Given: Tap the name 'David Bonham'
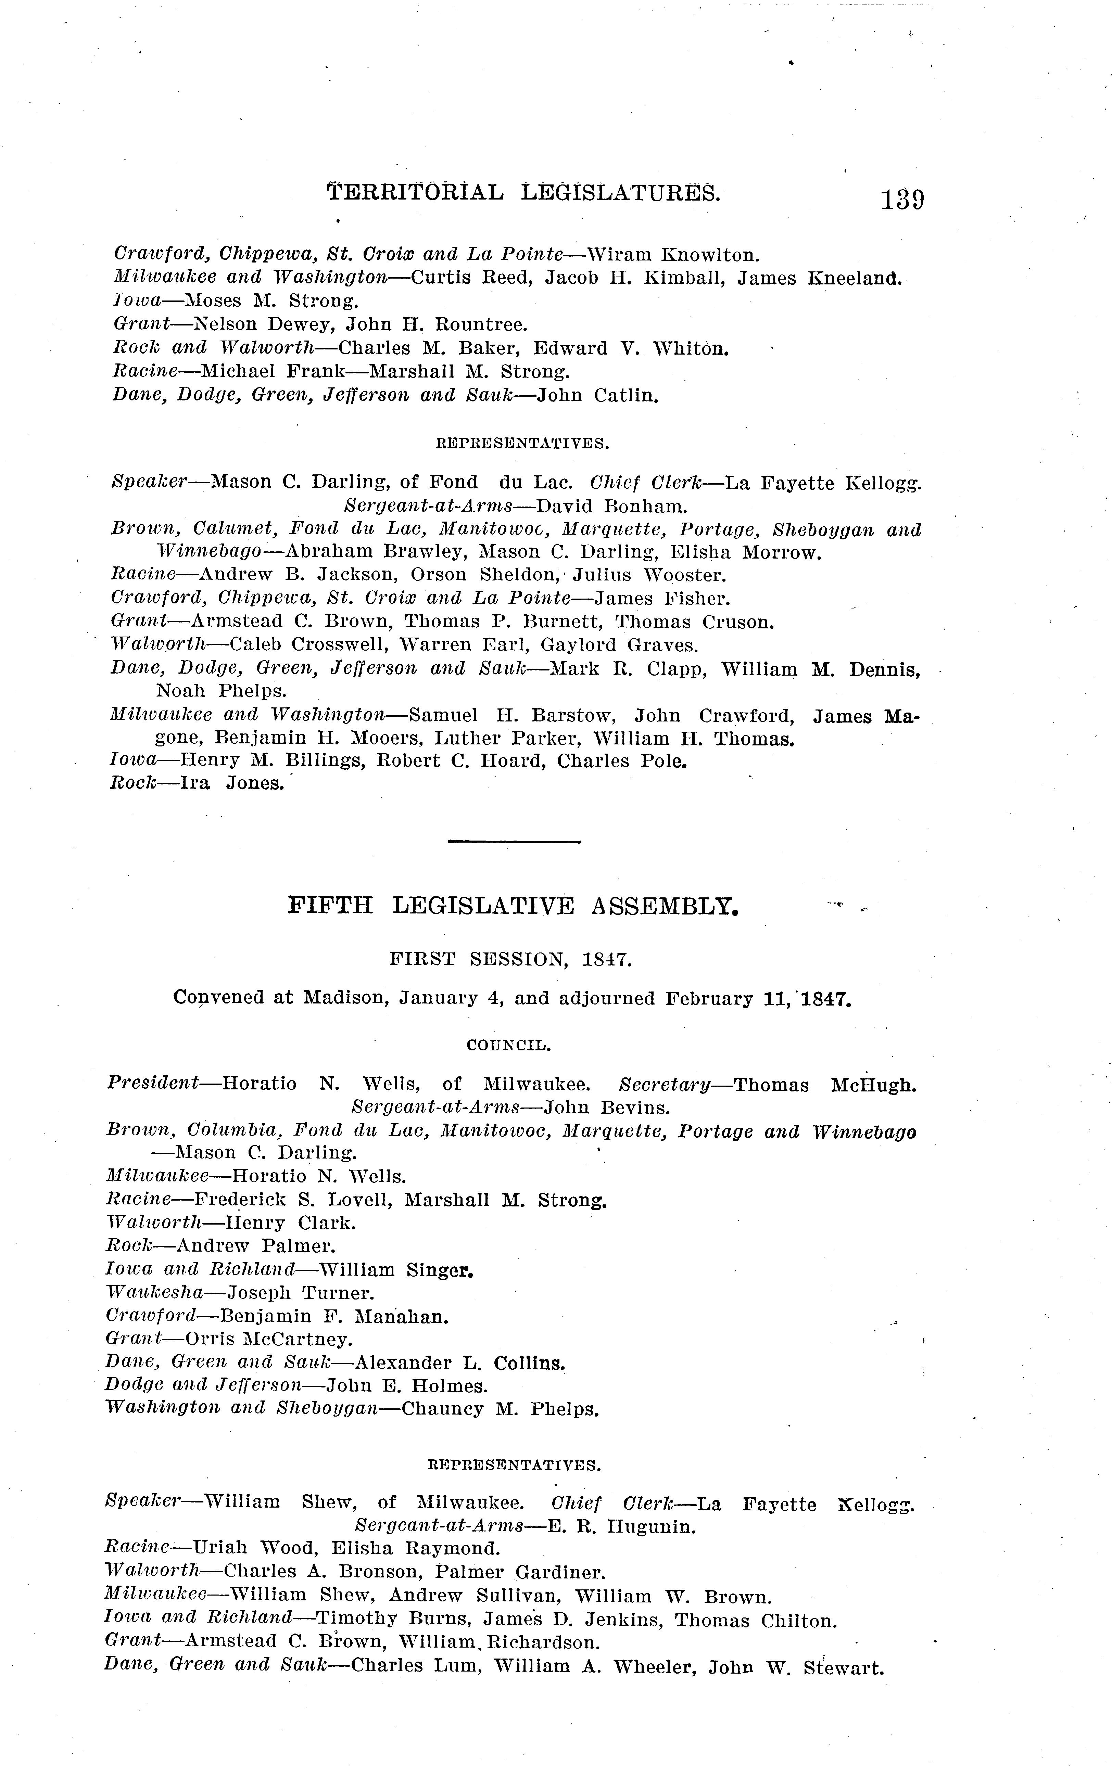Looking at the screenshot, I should (x=612, y=506).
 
